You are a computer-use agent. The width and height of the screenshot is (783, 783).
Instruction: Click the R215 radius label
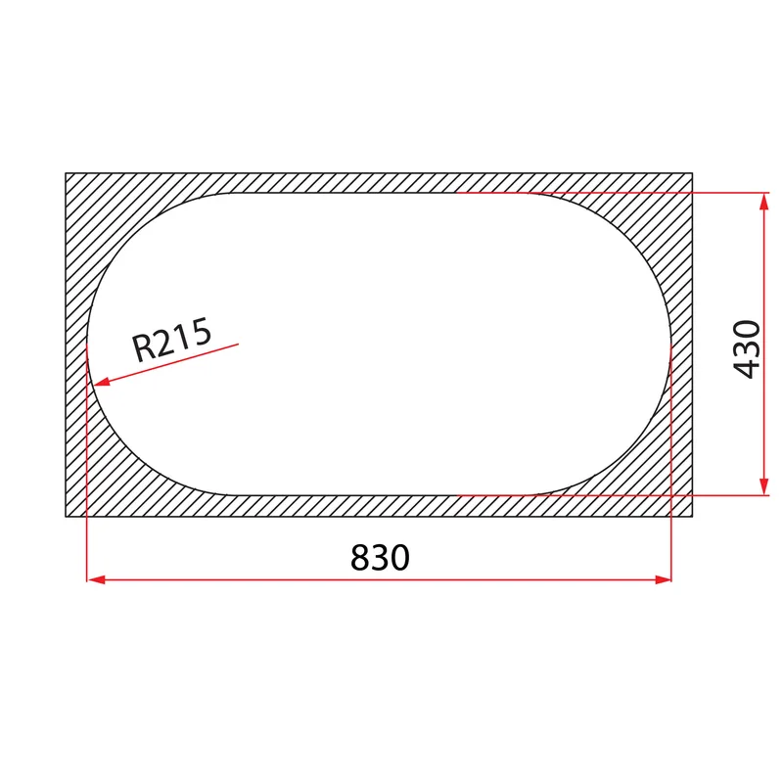click(172, 339)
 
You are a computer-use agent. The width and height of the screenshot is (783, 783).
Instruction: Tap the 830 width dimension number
click(380, 558)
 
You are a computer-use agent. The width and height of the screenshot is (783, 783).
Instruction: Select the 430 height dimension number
click(747, 349)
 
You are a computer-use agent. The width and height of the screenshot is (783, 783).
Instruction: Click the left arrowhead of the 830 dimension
click(96, 579)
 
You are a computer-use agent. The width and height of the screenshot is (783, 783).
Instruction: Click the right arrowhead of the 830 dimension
click(663, 579)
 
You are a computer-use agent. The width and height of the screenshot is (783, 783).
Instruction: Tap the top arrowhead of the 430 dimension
click(763, 202)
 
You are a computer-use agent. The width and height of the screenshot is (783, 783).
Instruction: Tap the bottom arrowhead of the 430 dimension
click(763, 486)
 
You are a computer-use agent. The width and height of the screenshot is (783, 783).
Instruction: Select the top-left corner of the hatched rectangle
click(66, 173)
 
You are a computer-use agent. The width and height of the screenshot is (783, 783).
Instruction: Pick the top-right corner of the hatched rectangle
click(693, 173)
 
